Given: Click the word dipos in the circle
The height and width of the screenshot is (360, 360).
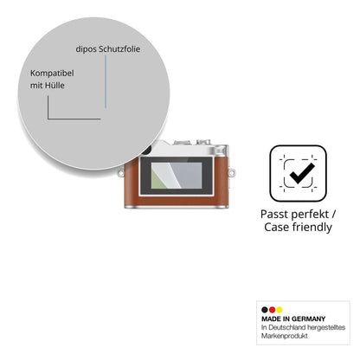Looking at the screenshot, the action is coord(87,49).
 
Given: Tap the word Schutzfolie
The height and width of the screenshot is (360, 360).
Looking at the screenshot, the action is coord(119,49).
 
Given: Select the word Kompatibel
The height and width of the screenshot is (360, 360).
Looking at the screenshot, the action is coord(52,74).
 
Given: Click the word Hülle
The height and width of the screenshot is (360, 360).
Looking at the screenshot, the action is coord(55,86).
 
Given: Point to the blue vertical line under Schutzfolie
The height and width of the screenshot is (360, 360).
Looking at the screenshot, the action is coord(106,81).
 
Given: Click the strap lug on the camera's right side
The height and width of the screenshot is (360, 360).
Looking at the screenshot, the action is coord(231,172).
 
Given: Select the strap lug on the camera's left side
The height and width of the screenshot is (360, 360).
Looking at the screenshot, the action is coord(121,173).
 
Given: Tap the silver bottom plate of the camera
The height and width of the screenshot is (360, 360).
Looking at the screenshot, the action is coord(177,207).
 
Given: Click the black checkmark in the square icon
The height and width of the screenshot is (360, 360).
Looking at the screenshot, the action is coord(302,173).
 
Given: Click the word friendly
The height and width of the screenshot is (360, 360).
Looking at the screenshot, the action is coord(312,228).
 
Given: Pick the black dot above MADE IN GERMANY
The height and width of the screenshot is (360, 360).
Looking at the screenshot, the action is coord(265,310).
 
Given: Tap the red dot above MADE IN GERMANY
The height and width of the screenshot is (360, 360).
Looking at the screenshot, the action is coord(272,310).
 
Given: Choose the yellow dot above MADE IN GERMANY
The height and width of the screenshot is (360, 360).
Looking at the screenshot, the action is coord(280,310).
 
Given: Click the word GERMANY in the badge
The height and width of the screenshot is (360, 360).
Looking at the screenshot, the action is coord(308,319).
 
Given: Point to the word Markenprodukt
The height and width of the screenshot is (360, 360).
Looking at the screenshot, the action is coord(285,336).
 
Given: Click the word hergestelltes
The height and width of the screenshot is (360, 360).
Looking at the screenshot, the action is coord(326,327).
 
